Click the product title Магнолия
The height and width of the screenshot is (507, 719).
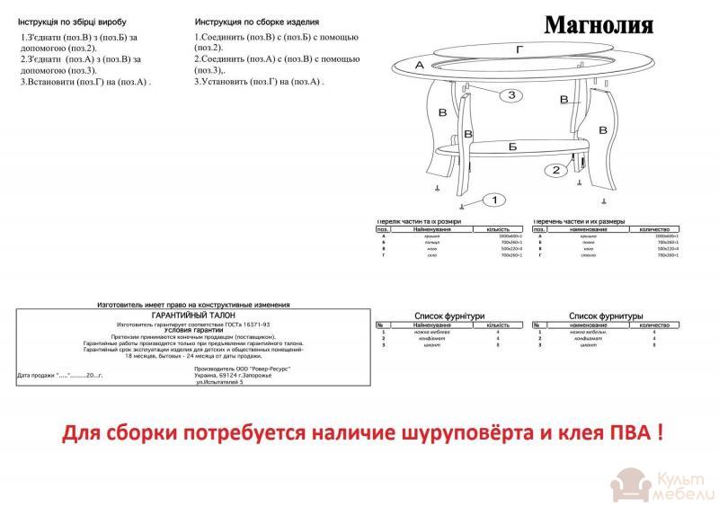pyautogui.click(x=599, y=23)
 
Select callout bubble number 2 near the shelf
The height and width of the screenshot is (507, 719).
pyautogui.click(x=555, y=169)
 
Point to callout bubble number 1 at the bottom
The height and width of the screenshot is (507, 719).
pyautogui.click(x=497, y=200)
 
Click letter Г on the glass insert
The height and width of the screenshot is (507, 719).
pyautogui.click(x=520, y=50)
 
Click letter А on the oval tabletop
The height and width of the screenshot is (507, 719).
pyautogui.click(x=421, y=65)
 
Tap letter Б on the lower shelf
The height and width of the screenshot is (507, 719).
pyautogui.click(x=512, y=146)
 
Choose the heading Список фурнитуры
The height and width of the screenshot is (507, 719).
pyautogui.click(x=606, y=316)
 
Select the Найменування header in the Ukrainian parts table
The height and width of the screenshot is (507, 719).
pyautogui.click(x=438, y=228)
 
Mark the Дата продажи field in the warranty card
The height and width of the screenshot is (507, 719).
pyautogui.click(x=60, y=375)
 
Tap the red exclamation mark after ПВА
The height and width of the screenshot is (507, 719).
pyautogui.click(x=661, y=432)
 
